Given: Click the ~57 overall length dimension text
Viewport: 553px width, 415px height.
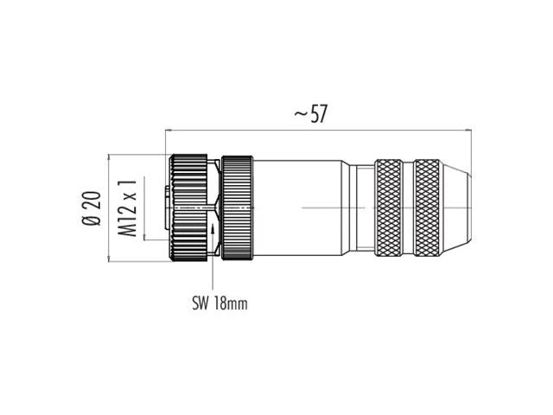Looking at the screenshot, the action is (311, 113).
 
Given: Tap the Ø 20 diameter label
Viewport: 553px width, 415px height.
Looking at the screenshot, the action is (92, 208).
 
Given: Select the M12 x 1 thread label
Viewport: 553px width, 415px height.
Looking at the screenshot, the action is (127, 207).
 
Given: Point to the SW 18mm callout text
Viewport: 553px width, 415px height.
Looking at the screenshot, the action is (219, 303).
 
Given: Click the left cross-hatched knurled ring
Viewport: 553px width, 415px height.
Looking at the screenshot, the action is (388, 207).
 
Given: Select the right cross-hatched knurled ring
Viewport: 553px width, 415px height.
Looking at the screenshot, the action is (427, 207).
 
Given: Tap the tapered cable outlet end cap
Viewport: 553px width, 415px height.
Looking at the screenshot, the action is (456, 207).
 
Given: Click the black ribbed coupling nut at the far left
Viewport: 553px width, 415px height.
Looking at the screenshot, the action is (188, 207).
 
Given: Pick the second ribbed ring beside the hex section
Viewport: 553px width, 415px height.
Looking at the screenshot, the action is (237, 207).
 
